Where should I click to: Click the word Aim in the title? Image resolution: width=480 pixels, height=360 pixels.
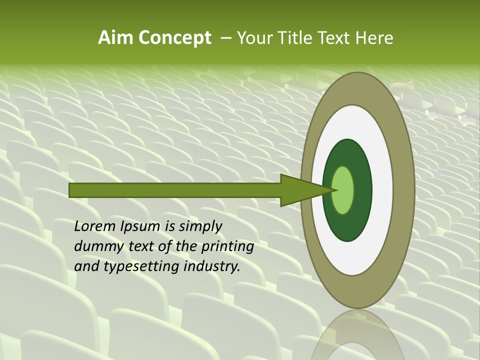click(x=114, y=38)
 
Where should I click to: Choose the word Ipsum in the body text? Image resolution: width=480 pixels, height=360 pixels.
click(x=142, y=226)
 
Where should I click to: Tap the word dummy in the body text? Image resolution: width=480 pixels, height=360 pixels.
click(x=96, y=246)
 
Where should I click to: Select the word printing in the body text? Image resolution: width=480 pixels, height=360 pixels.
click(x=227, y=247)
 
